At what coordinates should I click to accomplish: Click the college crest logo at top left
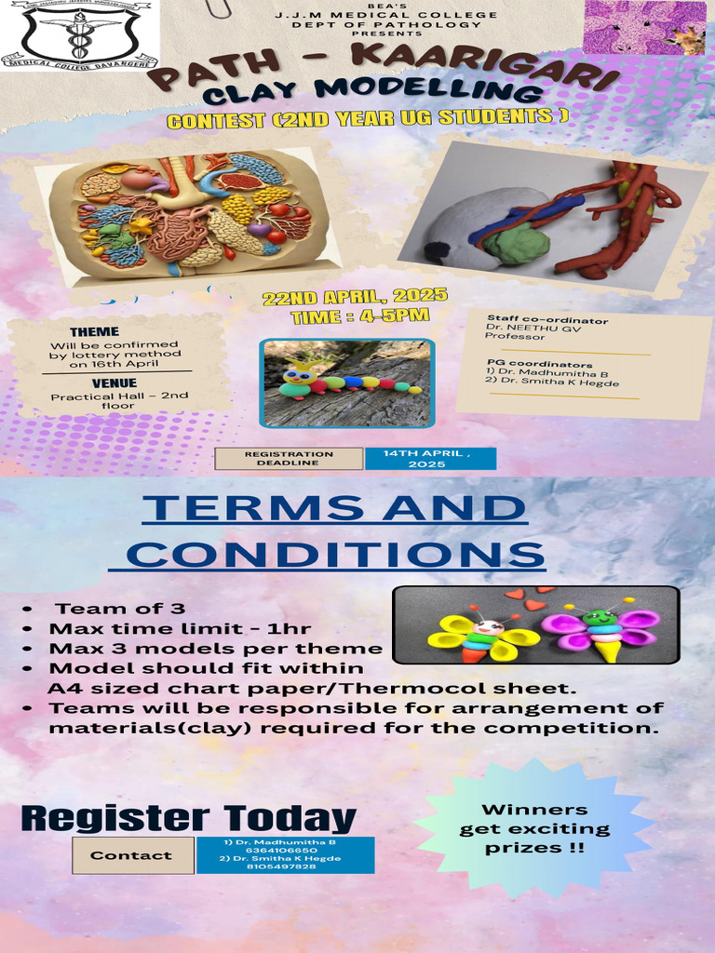click(x=79, y=34)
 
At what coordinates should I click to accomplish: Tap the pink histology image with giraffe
click(x=643, y=28)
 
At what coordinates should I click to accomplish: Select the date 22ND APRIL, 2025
click(x=355, y=297)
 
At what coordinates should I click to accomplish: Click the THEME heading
click(x=94, y=331)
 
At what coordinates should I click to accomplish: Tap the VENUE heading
click(x=115, y=383)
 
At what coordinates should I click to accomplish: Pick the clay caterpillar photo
click(x=347, y=383)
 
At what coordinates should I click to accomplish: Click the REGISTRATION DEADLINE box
click(x=289, y=458)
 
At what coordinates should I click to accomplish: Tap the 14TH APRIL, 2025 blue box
click(x=430, y=458)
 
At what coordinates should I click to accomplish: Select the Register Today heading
click(x=188, y=818)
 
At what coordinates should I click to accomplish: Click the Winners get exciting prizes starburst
click(x=534, y=828)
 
